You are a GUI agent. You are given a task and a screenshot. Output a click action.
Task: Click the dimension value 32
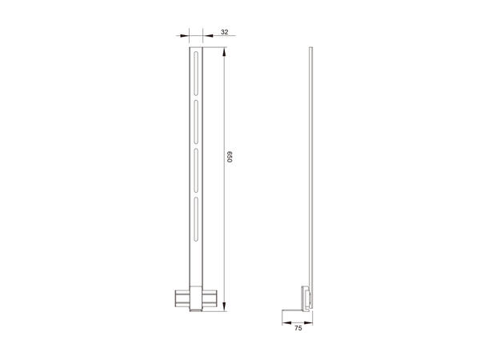pyautogui.click(x=224, y=33)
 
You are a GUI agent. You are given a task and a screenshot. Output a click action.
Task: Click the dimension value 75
pyautogui.click(x=298, y=328)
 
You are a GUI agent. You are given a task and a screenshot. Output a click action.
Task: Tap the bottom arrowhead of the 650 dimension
pyautogui.click(x=225, y=306)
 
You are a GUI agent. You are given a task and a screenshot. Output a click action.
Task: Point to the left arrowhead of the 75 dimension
pyautogui.click(x=286, y=322)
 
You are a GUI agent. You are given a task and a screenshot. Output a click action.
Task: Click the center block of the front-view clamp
pyautogui.click(x=195, y=298)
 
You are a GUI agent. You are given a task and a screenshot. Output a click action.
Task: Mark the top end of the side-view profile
pyautogui.click(x=310, y=50)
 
